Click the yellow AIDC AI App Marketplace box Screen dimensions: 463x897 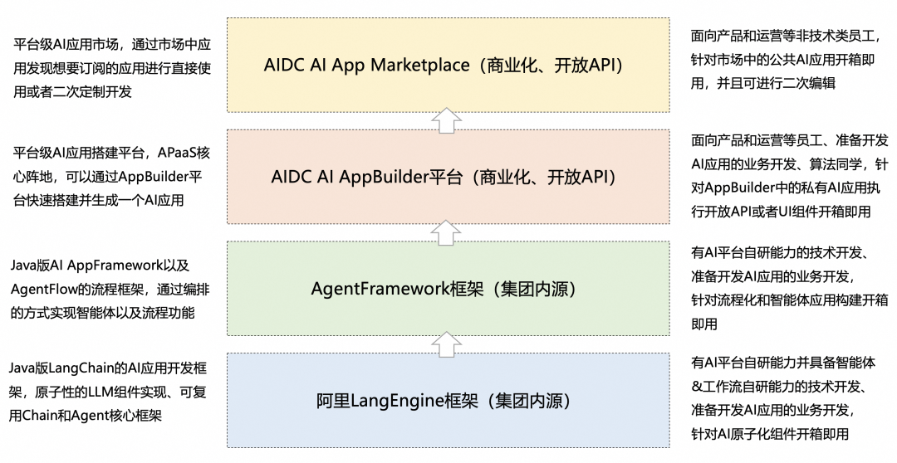[x=448, y=65]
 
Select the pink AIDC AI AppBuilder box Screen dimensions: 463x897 [x=448, y=176]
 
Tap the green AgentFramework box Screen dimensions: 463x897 [x=448, y=288]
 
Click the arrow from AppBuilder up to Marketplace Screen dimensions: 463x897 [x=448, y=121]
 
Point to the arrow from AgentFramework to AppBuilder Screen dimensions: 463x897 [x=448, y=231]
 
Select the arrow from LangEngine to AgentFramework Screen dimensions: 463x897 [x=448, y=344]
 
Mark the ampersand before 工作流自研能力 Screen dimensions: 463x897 [x=697, y=386]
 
